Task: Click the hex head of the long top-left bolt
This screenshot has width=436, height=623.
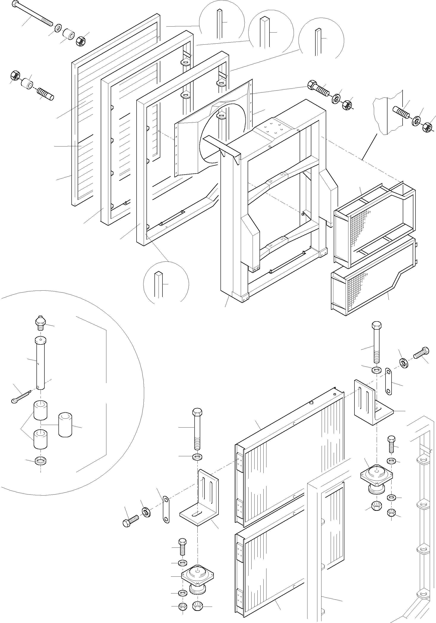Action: pyautogui.click(x=16, y=4)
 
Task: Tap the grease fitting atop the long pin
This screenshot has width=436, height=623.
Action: pyautogui.click(x=40, y=322)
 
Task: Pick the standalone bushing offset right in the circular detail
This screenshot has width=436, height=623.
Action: pyautogui.click(x=65, y=425)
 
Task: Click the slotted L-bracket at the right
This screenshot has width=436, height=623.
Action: pyautogui.click(x=372, y=404)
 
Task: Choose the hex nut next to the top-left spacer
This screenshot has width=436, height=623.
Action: pyautogui.click(x=81, y=41)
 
